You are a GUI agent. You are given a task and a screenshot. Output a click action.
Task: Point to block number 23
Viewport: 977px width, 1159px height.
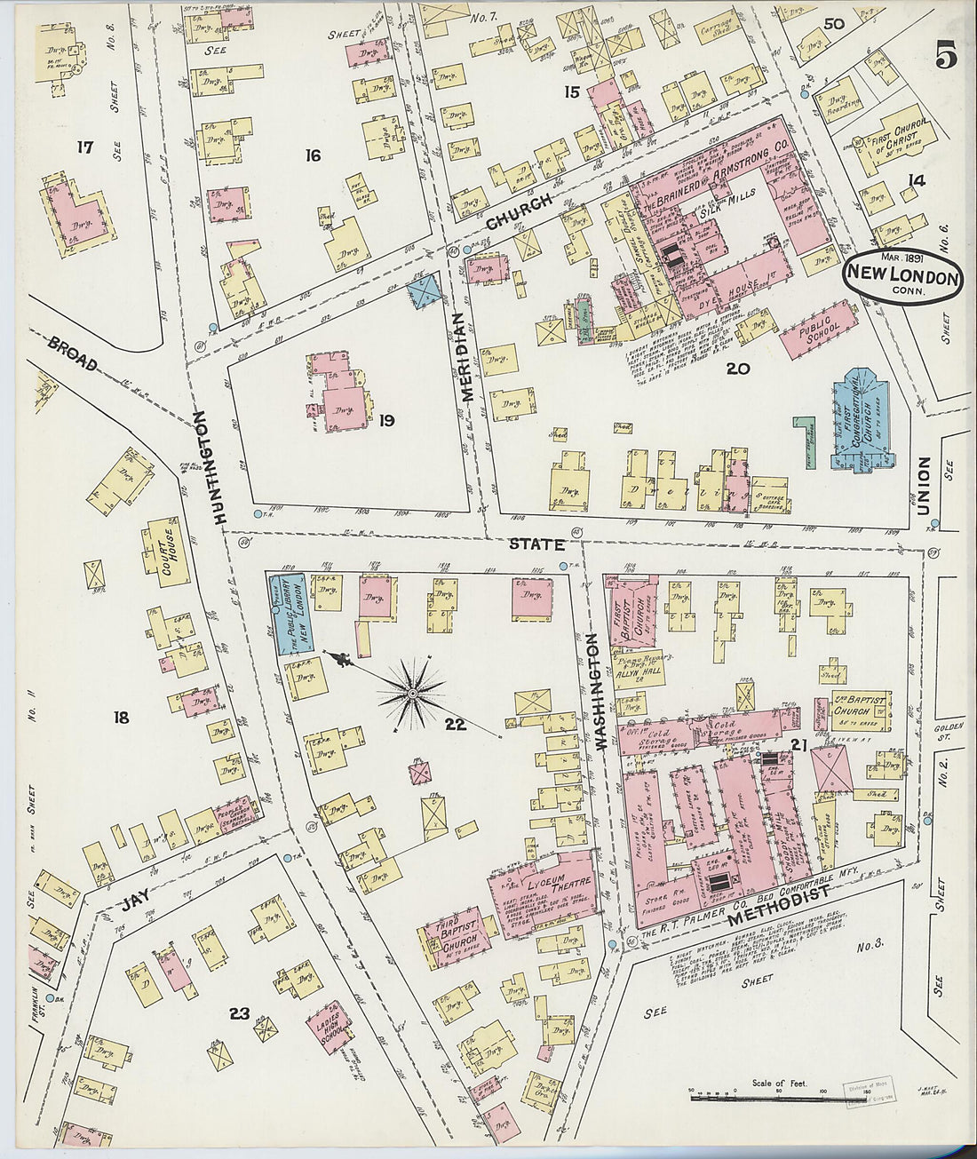(x=238, y=1013)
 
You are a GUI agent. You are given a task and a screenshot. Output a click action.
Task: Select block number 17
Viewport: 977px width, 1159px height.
(x=85, y=147)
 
